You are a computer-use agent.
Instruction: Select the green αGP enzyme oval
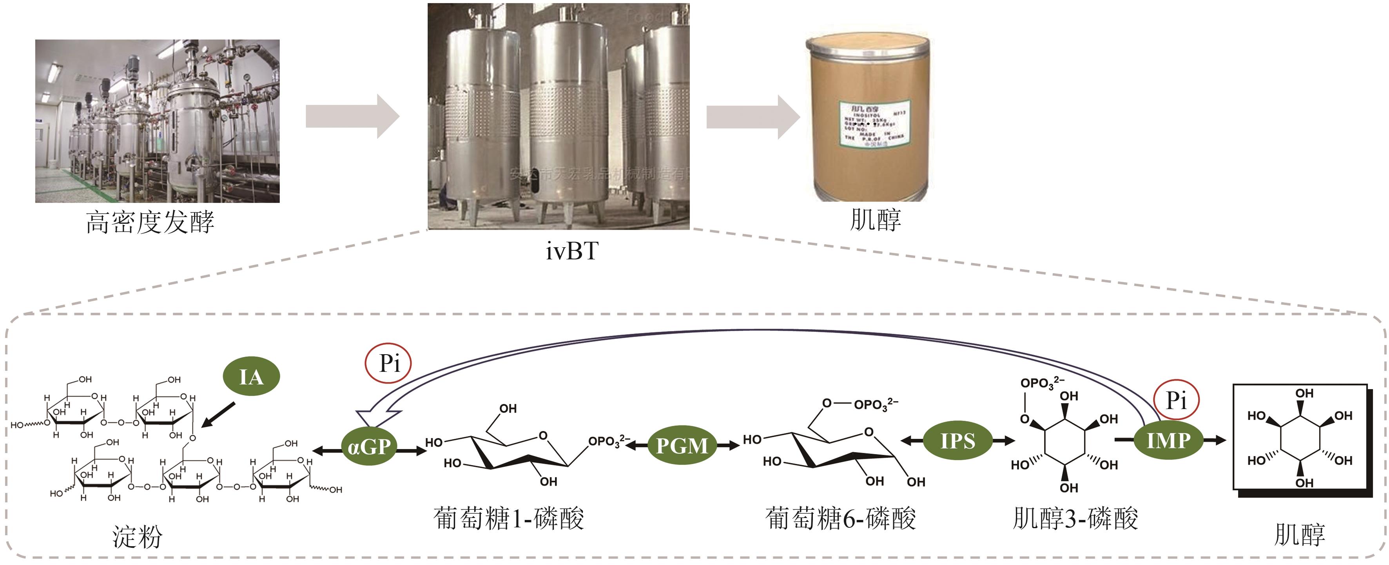tap(369, 446)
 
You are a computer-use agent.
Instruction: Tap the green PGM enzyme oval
tap(682, 445)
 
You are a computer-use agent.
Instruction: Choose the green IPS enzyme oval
tap(957, 441)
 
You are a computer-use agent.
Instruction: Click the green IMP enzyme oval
tap(1168, 440)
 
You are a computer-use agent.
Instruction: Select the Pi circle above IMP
tap(1176, 400)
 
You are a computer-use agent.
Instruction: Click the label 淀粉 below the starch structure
tap(137, 537)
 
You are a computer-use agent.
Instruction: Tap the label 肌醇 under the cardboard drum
tap(875, 220)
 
